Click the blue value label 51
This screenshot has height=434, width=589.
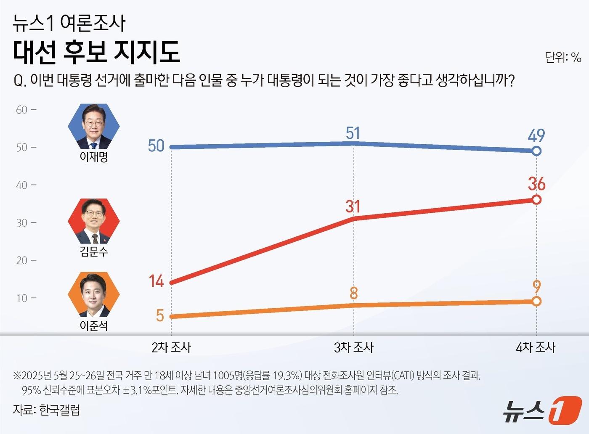click(353, 133)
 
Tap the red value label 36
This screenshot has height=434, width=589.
click(536, 184)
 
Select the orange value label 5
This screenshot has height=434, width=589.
click(160, 315)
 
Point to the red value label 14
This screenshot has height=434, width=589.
click(156, 281)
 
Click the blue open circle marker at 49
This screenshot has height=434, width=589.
click(536, 151)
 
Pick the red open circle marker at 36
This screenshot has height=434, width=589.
click(536, 200)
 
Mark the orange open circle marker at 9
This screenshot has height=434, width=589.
click(536, 301)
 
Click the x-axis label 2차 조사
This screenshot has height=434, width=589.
click(171, 347)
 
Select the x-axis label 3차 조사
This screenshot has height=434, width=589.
click(353, 347)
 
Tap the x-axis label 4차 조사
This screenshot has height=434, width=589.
click(536, 347)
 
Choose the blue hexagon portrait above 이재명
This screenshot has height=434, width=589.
click(94, 126)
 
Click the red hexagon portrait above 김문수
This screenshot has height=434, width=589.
click(94, 221)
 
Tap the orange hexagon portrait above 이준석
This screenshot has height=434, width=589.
click(94, 295)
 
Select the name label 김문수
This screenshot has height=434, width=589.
click(94, 251)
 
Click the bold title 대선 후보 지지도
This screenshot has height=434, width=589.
click(96, 52)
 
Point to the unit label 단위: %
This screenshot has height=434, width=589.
click(562, 57)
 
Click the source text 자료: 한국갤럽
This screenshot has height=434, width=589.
click(46, 410)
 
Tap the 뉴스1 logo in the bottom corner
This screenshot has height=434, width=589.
click(542, 410)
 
